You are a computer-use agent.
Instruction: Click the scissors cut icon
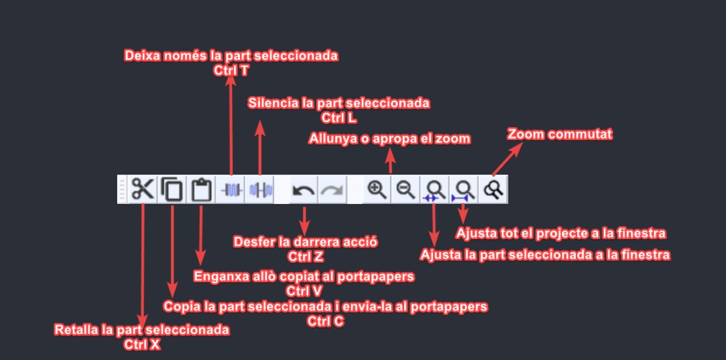coord(142,190)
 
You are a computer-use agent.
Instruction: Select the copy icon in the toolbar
coord(172,190)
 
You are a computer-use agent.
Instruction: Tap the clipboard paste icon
coord(201,190)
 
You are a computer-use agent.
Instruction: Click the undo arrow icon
coord(304,190)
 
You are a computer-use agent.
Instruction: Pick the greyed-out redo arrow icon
coord(331,190)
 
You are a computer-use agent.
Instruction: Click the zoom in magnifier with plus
coord(377,190)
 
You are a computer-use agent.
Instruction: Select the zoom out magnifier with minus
coord(406,190)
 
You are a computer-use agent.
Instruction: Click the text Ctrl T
coord(231,70)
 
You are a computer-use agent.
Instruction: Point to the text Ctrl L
coord(339,118)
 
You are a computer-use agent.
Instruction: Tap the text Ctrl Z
coord(305,255)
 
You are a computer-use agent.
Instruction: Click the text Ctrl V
coord(304,290)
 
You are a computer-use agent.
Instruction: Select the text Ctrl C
coord(326,320)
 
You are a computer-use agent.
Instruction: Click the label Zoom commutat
coord(560,135)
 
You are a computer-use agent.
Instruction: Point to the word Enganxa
coord(221,277)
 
